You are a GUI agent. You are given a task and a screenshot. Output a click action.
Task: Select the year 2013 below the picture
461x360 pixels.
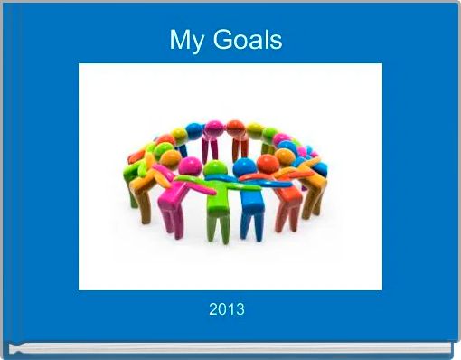click(x=226, y=310)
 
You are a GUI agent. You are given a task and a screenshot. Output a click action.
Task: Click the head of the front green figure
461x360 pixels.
click(x=215, y=169)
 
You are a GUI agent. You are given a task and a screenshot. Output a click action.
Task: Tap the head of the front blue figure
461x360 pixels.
click(x=244, y=167)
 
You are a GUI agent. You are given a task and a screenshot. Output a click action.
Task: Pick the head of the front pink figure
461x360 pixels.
click(x=190, y=166)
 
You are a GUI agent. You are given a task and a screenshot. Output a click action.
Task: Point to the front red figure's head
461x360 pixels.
click(x=268, y=164)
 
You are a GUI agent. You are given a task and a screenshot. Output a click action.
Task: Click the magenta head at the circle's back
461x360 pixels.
click(x=214, y=128)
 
